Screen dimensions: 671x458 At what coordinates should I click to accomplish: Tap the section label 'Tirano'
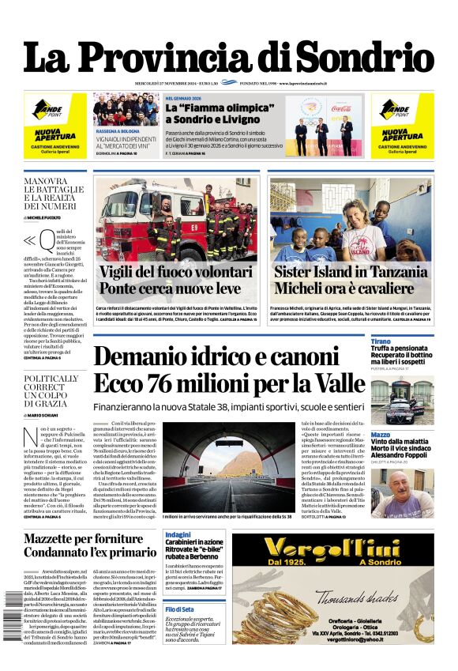tap(381, 341)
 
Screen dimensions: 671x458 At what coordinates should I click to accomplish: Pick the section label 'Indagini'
tap(178, 535)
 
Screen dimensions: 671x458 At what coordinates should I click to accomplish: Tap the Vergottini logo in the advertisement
tap(343, 548)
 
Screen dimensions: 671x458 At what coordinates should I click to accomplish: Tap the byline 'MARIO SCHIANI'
tap(50, 414)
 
